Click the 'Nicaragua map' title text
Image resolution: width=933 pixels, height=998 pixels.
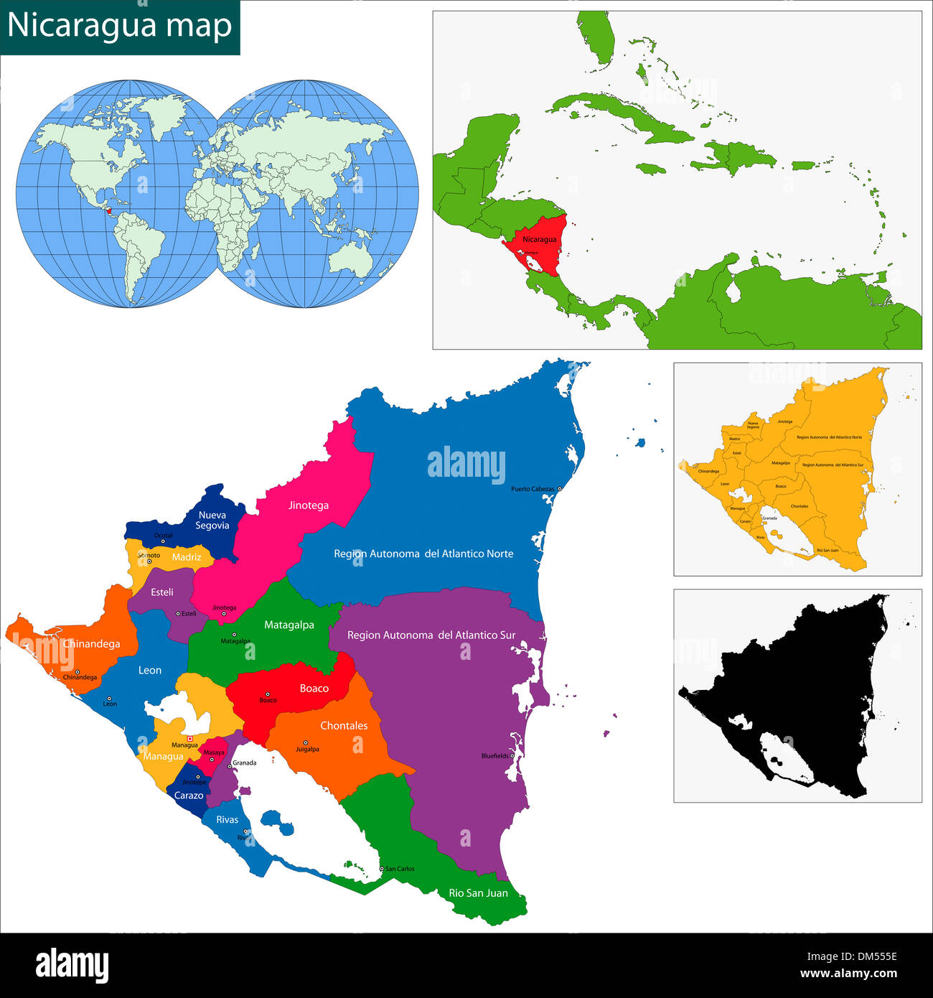point(120,26)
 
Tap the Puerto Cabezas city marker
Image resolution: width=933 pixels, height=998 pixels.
point(560,489)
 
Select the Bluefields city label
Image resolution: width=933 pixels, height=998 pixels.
point(494,756)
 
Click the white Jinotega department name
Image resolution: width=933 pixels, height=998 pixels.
point(309,505)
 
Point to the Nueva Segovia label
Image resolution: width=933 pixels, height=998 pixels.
point(212,521)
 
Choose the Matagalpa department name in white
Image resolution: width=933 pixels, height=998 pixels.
point(289,625)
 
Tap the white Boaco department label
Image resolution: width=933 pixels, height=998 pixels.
point(314,689)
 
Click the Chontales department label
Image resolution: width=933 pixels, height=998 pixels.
point(344,726)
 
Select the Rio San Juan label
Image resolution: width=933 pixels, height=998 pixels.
point(478,893)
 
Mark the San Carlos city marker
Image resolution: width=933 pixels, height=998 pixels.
point(382,869)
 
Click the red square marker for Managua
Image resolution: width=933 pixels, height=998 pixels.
point(189,739)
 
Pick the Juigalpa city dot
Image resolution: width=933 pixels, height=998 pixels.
point(306,743)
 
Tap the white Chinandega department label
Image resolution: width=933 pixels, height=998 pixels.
point(91,644)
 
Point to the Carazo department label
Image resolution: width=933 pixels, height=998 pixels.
point(189,796)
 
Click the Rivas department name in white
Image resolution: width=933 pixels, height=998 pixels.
point(227,820)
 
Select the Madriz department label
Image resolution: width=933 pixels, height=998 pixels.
point(187,557)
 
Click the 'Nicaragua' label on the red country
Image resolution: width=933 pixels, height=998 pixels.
point(539,239)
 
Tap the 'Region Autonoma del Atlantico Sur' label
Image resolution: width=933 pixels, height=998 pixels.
point(431,635)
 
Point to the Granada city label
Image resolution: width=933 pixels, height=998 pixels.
point(245,763)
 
